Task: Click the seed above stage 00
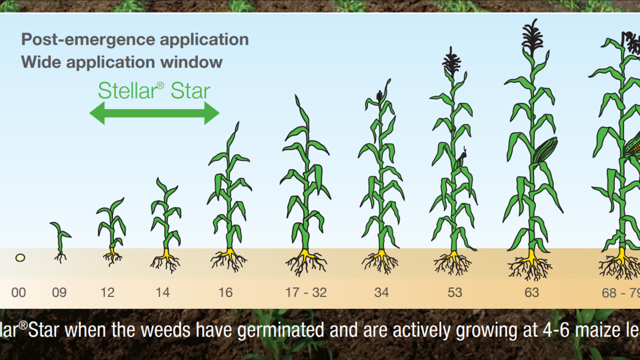tap(20, 258)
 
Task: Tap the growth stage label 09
tap(59, 293)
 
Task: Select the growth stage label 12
tap(107, 293)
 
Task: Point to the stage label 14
tap(162, 293)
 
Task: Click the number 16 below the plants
tap(225, 293)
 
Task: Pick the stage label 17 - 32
tap(306, 293)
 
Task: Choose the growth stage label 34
tap(381, 293)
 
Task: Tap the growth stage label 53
tap(455, 293)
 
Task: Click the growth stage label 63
tap(532, 293)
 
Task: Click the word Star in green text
tap(190, 91)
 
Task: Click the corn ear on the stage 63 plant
tap(545, 150)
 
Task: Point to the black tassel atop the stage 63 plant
tap(532, 37)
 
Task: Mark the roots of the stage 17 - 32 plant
tap(306, 263)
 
